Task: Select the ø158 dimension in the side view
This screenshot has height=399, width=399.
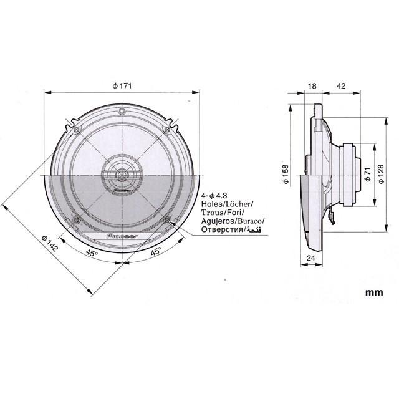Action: pyautogui.click(x=285, y=176)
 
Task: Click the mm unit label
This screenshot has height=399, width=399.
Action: pyautogui.click(x=374, y=291)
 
